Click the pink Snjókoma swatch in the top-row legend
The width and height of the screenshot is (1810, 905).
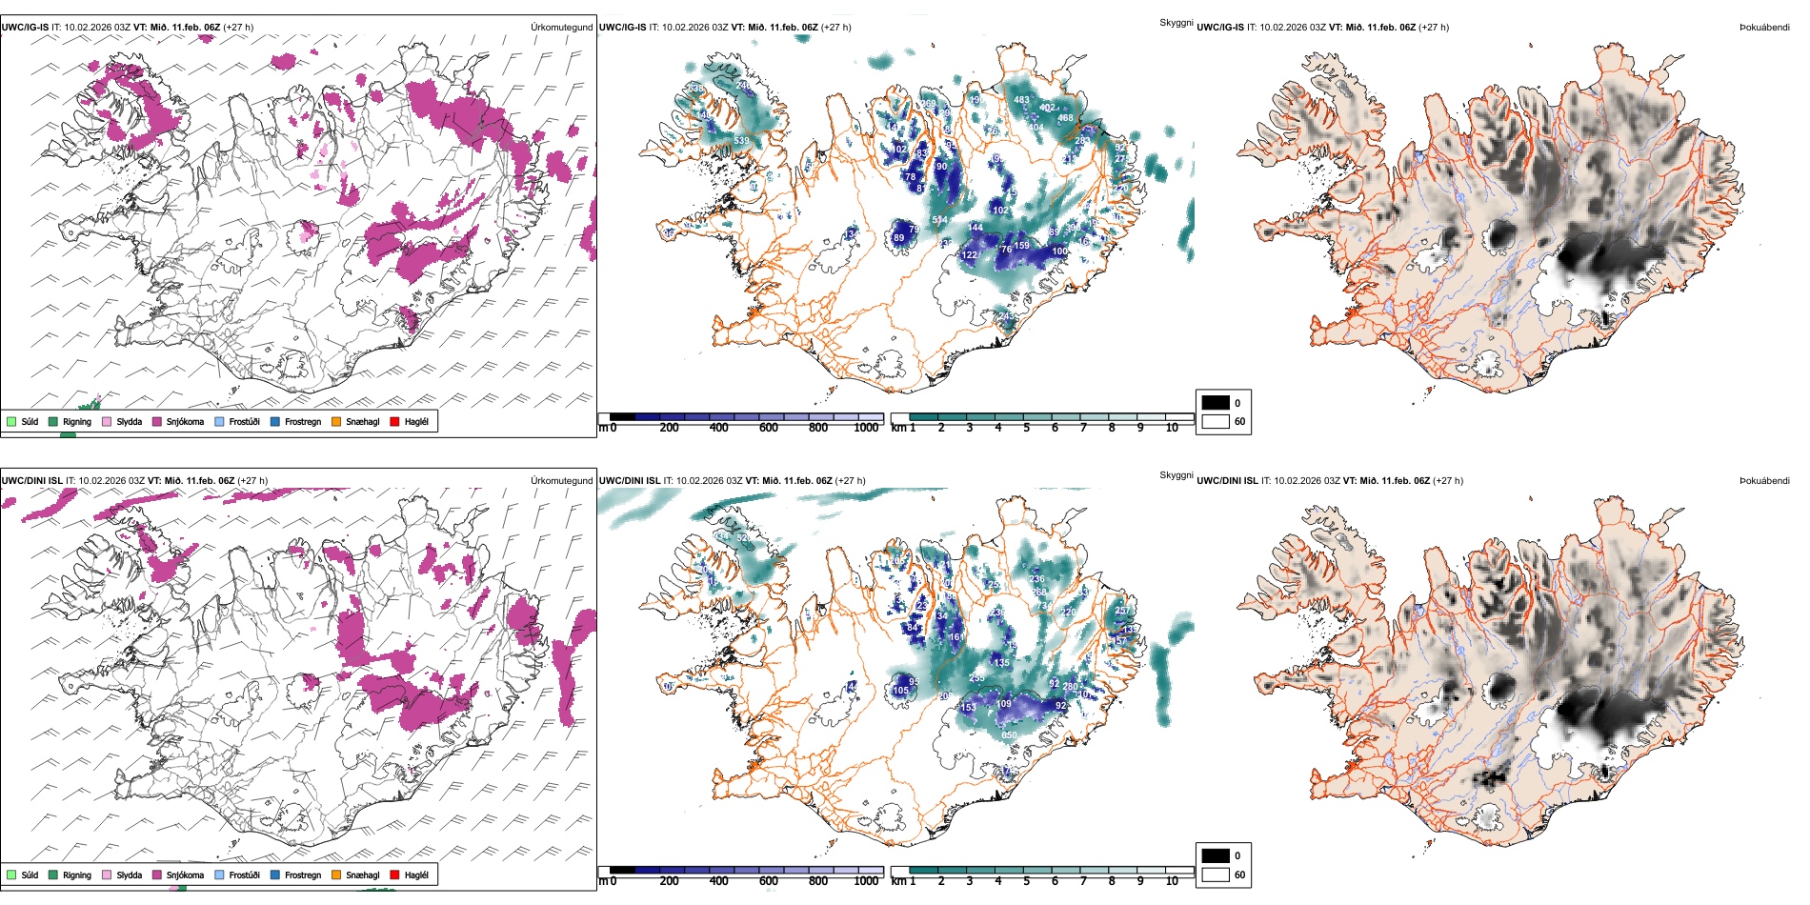click(x=157, y=421)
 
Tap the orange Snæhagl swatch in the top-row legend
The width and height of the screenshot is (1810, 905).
click(x=336, y=421)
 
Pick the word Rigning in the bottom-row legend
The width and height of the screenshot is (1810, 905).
click(x=77, y=875)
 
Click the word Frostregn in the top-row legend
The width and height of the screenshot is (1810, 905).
click(x=303, y=421)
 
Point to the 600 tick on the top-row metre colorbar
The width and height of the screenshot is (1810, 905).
click(x=769, y=428)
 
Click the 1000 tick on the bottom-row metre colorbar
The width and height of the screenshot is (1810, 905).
click(x=866, y=881)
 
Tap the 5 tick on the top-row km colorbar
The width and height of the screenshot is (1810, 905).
click(x=1026, y=428)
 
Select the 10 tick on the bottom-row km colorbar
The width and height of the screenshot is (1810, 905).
click(x=1172, y=881)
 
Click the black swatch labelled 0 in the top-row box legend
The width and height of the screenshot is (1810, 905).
click(x=1216, y=403)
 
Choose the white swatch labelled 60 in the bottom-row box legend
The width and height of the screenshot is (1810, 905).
click(x=1216, y=875)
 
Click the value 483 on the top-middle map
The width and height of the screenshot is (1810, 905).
click(x=1021, y=100)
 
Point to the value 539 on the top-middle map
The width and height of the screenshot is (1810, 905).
click(x=741, y=141)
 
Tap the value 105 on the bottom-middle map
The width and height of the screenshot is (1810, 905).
click(x=900, y=691)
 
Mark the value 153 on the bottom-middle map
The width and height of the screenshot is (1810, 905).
click(x=968, y=708)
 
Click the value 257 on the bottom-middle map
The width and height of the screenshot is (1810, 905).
click(x=1122, y=611)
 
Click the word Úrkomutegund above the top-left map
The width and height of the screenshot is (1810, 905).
click(x=561, y=28)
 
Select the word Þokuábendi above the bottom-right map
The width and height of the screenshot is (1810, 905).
click(x=1764, y=481)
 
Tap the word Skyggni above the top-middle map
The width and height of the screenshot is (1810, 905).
click(x=1176, y=22)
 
